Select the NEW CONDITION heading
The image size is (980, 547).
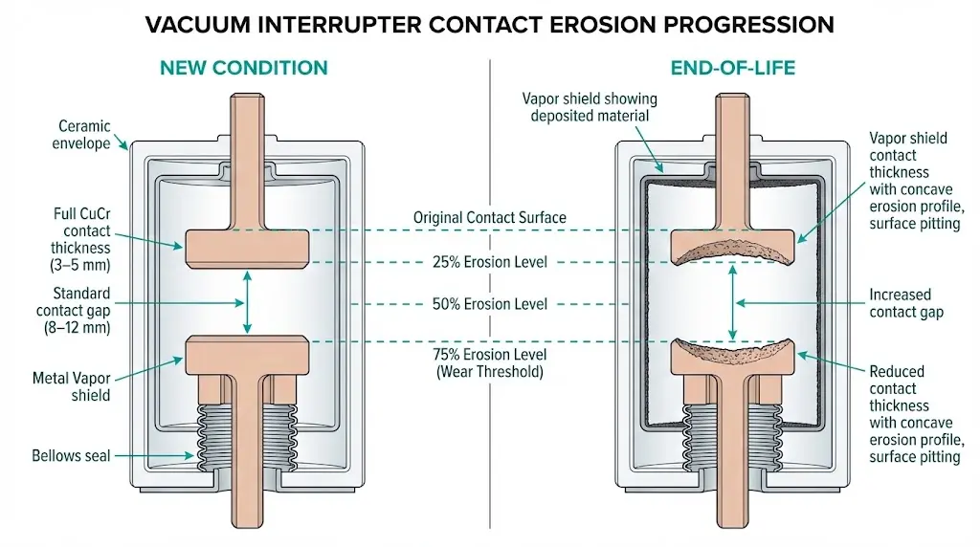(243, 68)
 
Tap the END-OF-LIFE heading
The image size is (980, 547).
(733, 68)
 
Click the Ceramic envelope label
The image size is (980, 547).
(84, 135)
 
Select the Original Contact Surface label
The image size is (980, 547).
(489, 217)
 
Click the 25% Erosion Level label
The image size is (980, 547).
(489, 262)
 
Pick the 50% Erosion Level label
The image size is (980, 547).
(489, 304)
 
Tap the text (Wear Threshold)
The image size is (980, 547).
(489, 371)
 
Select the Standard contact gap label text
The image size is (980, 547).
(73, 311)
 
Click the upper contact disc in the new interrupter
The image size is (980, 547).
(247, 247)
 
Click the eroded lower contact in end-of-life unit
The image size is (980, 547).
(732, 357)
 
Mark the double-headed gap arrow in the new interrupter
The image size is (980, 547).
(247, 301)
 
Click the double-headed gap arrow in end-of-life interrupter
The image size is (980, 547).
(732, 302)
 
